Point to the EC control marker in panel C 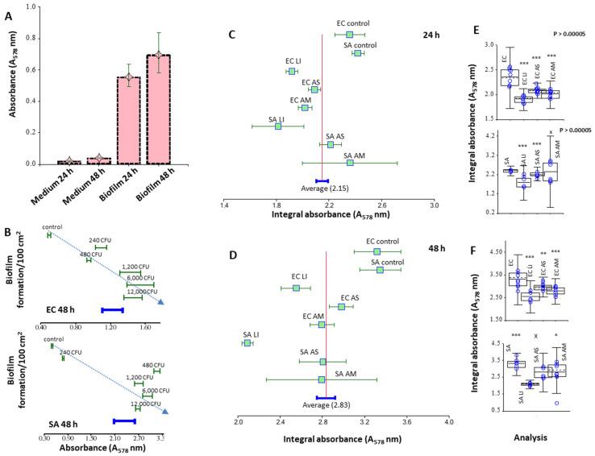[x=349, y=35]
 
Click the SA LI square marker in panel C [x=278, y=126]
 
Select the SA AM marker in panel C [x=350, y=163]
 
